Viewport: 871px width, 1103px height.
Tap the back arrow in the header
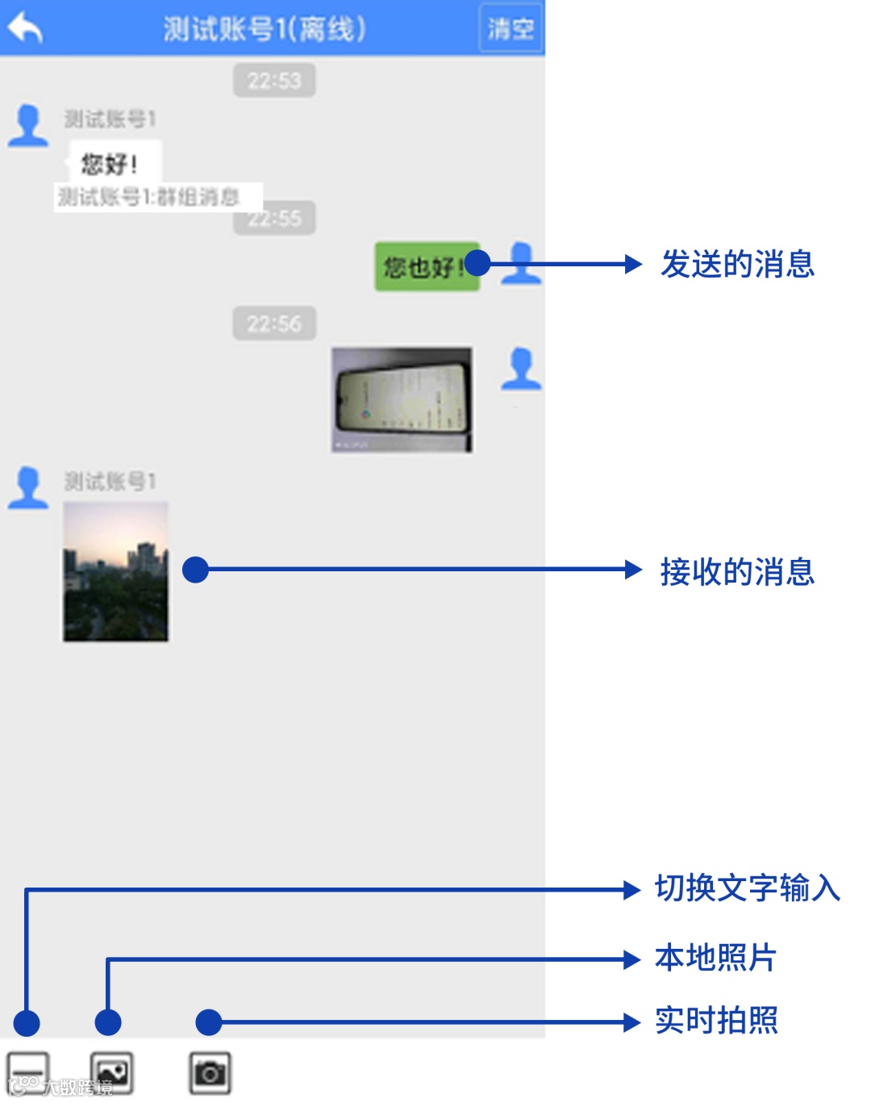pyautogui.click(x=26, y=28)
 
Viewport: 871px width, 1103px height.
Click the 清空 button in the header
pyautogui.click(x=511, y=29)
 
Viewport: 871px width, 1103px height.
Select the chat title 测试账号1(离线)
pyautogui.click(x=265, y=29)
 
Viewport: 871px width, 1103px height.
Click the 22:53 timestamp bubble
pyautogui.click(x=274, y=81)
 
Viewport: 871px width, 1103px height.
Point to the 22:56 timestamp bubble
pyautogui.click(x=274, y=324)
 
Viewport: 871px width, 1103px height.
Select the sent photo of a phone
pyautogui.click(x=402, y=399)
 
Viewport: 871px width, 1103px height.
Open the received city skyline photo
pyautogui.click(x=116, y=571)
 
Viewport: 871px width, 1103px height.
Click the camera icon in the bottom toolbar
pyautogui.click(x=210, y=1073)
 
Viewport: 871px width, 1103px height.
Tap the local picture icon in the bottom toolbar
pyautogui.click(x=111, y=1073)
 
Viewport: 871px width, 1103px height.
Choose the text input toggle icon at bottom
pyautogui.click(x=27, y=1073)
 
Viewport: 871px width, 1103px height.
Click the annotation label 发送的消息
pyautogui.click(x=737, y=265)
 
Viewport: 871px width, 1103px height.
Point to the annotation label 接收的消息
pyautogui.click(x=737, y=571)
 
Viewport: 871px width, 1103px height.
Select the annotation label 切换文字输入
pyautogui.click(x=747, y=888)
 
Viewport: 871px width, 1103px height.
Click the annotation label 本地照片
pyautogui.click(x=715, y=958)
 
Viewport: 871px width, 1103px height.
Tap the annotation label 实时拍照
pyautogui.click(x=716, y=1021)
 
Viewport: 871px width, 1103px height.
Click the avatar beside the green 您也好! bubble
pyautogui.click(x=522, y=263)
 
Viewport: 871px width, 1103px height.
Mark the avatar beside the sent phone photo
pyautogui.click(x=522, y=369)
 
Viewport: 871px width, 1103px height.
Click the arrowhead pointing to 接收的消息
pyautogui.click(x=633, y=570)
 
